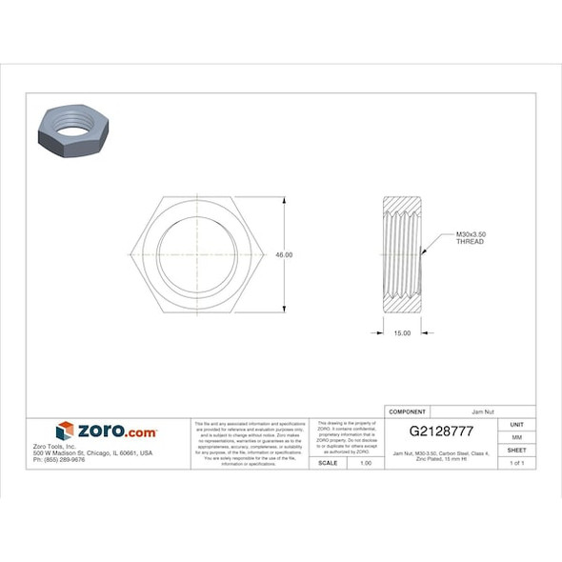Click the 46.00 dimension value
(x=284, y=255)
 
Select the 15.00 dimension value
(x=402, y=332)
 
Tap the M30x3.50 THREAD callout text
(x=471, y=238)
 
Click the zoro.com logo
(x=107, y=432)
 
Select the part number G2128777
(x=441, y=432)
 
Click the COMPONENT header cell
(x=406, y=411)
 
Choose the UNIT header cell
(x=517, y=424)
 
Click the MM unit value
(x=517, y=436)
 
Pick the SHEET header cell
(x=517, y=450)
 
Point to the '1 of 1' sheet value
(x=517, y=462)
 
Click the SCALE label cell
(x=328, y=462)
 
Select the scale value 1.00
(x=365, y=462)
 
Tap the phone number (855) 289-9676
(x=59, y=460)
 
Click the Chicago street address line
(x=92, y=453)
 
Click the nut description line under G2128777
(x=441, y=456)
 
